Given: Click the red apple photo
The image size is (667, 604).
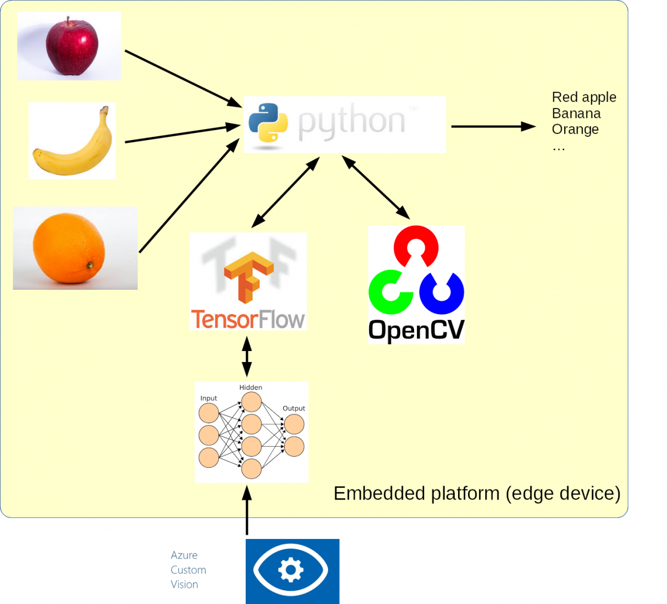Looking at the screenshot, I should (71, 47).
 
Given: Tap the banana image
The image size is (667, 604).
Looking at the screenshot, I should (73, 141).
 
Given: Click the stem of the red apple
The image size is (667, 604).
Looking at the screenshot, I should (67, 22).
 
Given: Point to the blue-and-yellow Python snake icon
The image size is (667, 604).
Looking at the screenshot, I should (268, 123).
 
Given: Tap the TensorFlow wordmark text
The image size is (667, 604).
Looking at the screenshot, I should (248, 319).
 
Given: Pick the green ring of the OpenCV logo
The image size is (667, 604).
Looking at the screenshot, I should (390, 291).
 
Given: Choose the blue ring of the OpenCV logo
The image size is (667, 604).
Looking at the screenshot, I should (442, 293).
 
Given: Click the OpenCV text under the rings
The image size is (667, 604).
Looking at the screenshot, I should (416, 330).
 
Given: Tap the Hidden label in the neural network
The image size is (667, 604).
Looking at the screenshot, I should (251, 387).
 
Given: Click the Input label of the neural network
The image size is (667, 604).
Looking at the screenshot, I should (208, 398).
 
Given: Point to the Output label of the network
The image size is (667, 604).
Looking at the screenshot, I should (293, 408).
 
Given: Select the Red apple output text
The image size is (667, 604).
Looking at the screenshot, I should (584, 97).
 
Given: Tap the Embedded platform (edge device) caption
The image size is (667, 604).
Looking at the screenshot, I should (477, 493).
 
